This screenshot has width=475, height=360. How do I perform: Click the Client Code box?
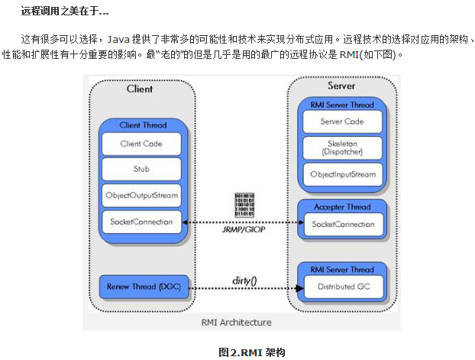(x=141, y=144)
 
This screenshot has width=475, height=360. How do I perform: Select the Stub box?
(x=141, y=169)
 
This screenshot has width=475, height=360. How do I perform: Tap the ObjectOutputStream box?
(x=141, y=196)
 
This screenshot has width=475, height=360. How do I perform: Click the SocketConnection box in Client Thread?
(x=141, y=222)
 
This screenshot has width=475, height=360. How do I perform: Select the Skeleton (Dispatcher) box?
(x=343, y=148)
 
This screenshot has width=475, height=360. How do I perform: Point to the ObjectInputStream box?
(x=343, y=174)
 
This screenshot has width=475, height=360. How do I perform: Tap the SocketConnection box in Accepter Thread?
(x=343, y=225)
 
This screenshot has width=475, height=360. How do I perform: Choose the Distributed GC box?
(x=343, y=287)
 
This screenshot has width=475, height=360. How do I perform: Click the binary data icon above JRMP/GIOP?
(x=244, y=205)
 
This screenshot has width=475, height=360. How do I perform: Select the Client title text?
(x=139, y=89)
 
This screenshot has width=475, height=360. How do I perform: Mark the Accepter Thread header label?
(x=342, y=207)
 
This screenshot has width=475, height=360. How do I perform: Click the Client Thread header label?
(x=141, y=125)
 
